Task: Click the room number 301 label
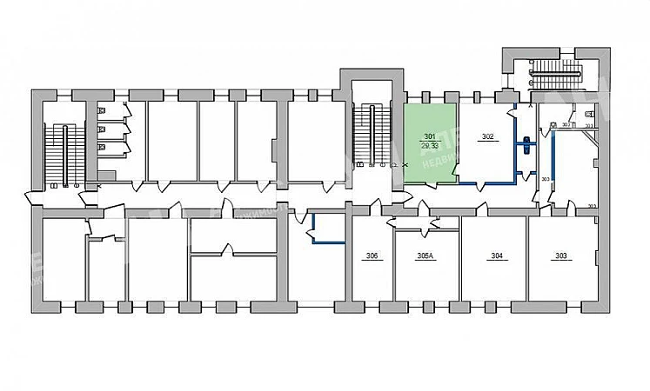click(429, 137)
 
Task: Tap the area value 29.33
click(429, 145)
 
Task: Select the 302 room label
click(487, 137)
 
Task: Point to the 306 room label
click(372, 255)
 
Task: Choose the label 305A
click(426, 255)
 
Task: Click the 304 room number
click(497, 255)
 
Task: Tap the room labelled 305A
click(426, 269)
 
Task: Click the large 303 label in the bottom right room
click(560, 255)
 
